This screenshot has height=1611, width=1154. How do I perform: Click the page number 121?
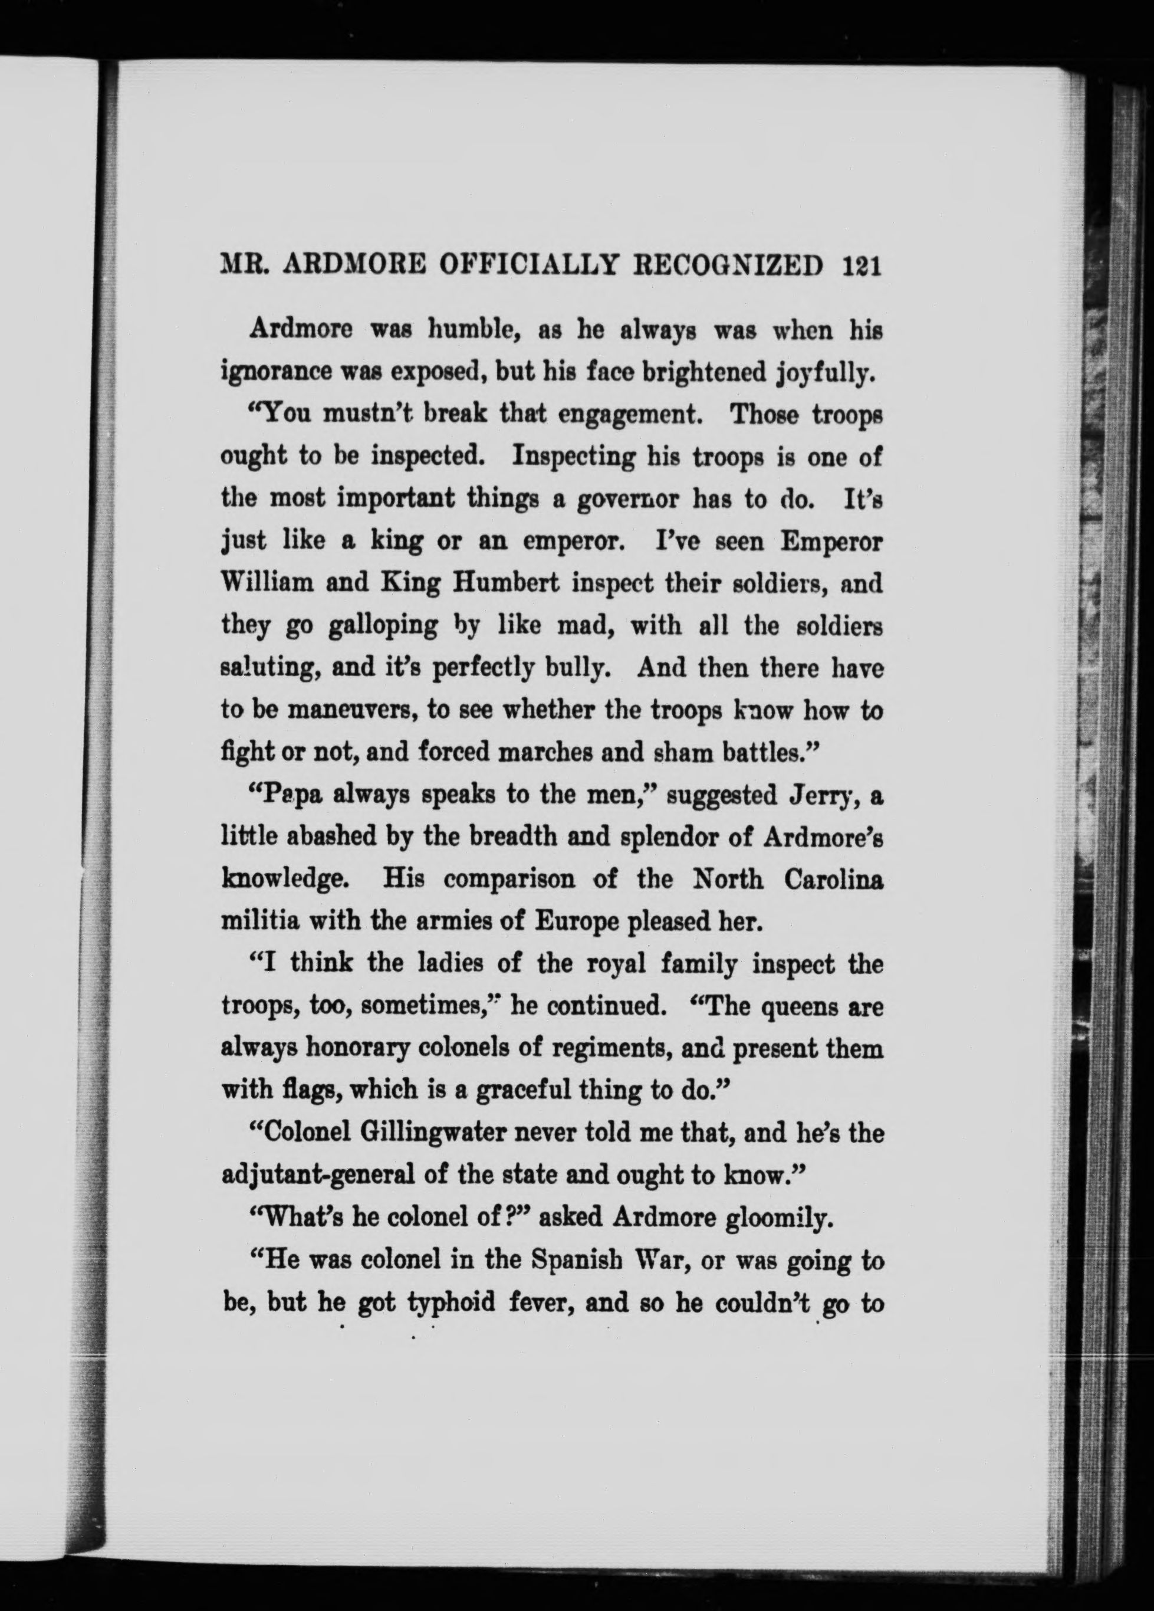[861, 267]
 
